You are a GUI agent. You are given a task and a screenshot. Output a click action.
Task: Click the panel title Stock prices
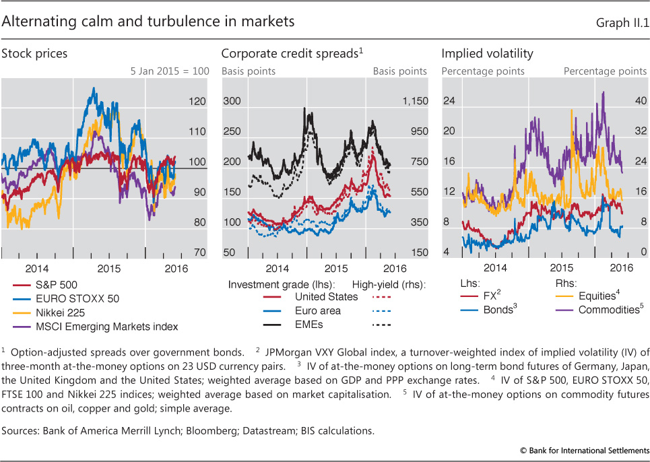[x=34, y=53]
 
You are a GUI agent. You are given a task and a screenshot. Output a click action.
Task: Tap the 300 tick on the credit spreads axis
[x=232, y=102]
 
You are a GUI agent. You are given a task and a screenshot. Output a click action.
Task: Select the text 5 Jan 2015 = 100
[x=170, y=71]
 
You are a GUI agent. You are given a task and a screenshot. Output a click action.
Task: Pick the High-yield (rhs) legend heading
[x=397, y=283]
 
